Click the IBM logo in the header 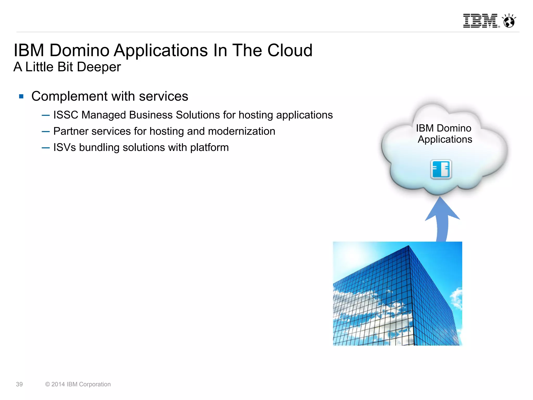(480, 21)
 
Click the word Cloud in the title (290, 50)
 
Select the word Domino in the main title (79, 50)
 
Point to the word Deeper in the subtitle (99, 67)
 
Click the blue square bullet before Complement (21, 97)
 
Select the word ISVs (65, 147)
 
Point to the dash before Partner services (46, 131)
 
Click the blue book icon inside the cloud (441, 169)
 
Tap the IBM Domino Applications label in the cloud (444, 134)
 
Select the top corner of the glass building (409, 246)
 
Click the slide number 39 (19, 384)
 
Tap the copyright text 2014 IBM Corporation (78, 384)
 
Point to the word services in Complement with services (163, 96)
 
